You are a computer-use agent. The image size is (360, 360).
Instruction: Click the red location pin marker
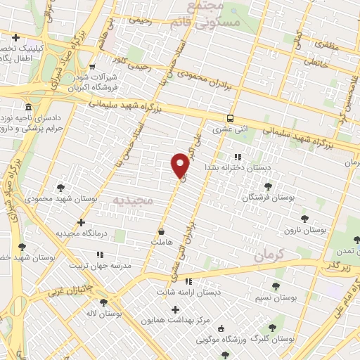[x=180, y=165]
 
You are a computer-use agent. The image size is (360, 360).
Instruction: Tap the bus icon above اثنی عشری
[x=231, y=118]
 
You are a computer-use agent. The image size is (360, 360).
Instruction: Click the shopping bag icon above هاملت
[x=162, y=231]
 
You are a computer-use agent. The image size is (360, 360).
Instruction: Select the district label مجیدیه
[x=133, y=200]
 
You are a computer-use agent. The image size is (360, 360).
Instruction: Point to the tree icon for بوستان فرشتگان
[x=268, y=186]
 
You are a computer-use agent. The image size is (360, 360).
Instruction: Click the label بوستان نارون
[x=301, y=230]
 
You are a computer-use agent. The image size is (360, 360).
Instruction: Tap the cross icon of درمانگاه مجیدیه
[x=82, y=222]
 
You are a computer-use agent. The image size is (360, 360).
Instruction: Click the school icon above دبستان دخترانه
[x=238, y=156]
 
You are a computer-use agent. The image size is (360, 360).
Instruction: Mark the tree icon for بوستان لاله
[x=104, y=302]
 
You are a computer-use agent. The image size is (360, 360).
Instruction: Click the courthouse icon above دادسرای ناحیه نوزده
[x=27, y=107]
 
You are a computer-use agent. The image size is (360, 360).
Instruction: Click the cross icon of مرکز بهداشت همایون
[x=175, y=309]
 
